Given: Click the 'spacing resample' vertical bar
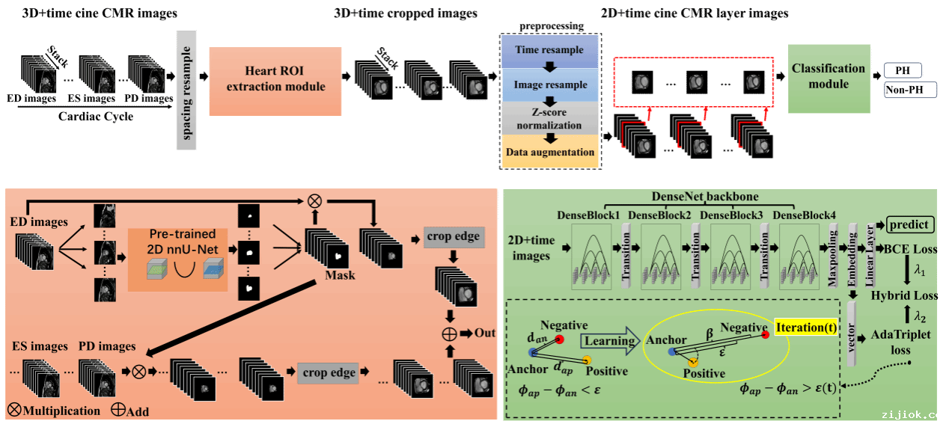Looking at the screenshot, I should coord(186,90).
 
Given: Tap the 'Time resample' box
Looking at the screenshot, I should coord(549,49).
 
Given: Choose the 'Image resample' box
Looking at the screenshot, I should coord(550,85).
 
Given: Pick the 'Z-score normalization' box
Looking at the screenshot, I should coord(549,118).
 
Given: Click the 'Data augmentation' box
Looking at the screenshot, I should coord(549,152).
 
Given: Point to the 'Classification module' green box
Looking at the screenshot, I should coord(829,76).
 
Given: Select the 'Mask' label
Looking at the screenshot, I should coord(340,275).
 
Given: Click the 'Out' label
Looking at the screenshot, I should coord(485,332).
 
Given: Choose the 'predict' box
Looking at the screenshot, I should coord(910,224).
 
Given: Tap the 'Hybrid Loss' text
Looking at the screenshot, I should coord(903,295).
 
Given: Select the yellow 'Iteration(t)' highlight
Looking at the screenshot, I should coord(807,328).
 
